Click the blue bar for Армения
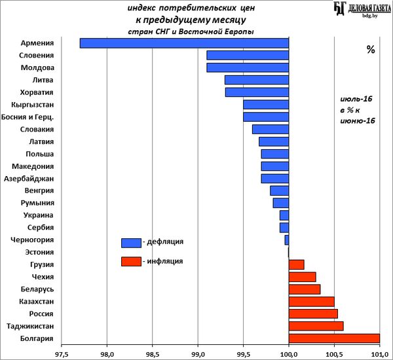point(184,43)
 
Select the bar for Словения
point(248,55)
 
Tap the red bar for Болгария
point(334,338)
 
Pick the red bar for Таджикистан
point(316,326)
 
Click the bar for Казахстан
point(311,302)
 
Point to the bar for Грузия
point(296,264)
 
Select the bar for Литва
point(257,80)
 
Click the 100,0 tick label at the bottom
point(289,353)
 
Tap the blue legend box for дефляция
point(131,243)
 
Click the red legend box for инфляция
point(131,262)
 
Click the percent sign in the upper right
point(370,50)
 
